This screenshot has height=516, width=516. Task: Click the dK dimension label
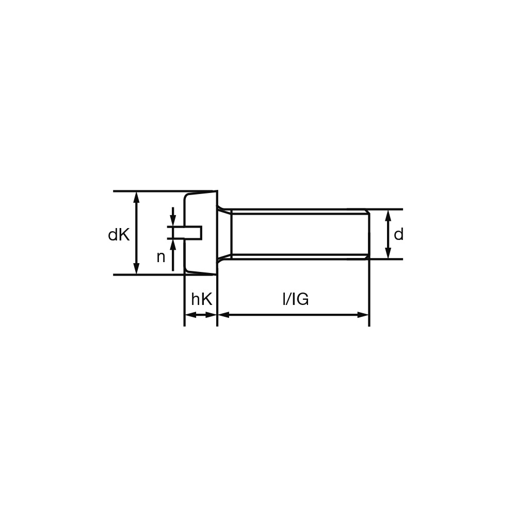(x=119, y=235)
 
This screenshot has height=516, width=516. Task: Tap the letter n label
(x=160, y=257)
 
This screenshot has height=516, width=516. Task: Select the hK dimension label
(x=202, y=299)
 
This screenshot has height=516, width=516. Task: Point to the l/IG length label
(x=296, y=299)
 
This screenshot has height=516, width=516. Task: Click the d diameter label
(x=398, y=235)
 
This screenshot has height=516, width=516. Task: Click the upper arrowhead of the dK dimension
(x=137, y=197)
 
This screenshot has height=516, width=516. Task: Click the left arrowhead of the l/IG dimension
(x=224, y=315)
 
